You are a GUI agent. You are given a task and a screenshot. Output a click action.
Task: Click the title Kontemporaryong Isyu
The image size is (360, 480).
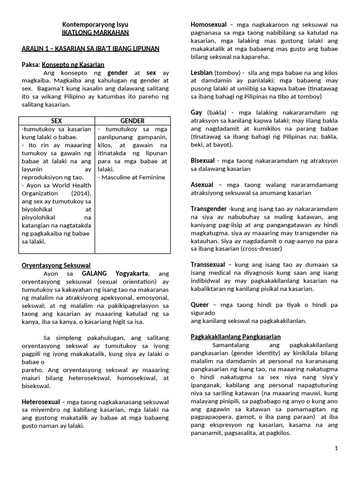pos(96,24)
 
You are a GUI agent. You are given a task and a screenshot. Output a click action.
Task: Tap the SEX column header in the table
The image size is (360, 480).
pos(56,120)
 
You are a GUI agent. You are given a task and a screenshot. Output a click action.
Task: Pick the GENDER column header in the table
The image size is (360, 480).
pos(133,120)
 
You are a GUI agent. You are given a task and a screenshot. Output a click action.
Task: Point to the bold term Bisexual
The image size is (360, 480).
pos(202,160)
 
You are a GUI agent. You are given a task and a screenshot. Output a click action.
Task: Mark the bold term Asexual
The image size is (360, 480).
pos(202,185)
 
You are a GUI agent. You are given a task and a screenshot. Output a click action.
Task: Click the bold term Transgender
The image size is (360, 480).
pos(209,209)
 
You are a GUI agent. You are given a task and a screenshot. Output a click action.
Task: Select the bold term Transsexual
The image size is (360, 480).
pos(208,264)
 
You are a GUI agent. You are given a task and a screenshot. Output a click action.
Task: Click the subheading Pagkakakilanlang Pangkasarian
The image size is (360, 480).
pos(236,337)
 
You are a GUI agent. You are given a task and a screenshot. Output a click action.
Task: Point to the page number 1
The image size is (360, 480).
pos(336,449)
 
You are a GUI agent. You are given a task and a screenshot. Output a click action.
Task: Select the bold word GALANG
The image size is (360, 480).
pos(95,273)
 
